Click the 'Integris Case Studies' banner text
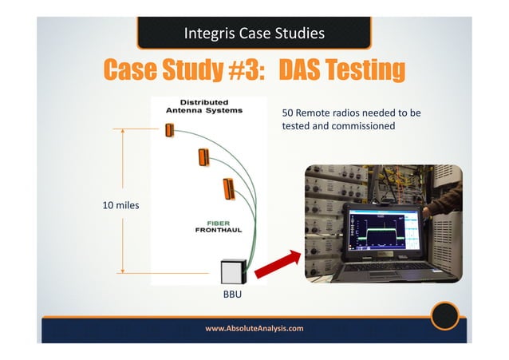click(x=254, y=34)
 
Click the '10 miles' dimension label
click(x=120, y=205)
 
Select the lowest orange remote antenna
click(x=228, y=188)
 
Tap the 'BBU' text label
click(x=231, y=296)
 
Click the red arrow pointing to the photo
click(x=278, y=263)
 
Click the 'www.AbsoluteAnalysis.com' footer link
click(x=254, y=328)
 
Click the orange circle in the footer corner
click(x=444, y=316)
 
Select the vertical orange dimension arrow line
click(x=123, y=200)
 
